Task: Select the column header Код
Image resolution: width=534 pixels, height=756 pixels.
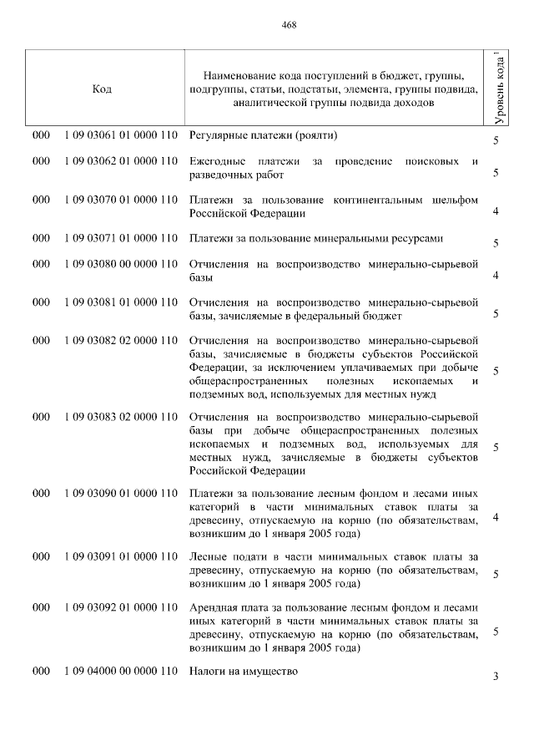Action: (103, 89)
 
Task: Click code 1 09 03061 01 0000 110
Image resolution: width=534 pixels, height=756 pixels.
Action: (121, 135)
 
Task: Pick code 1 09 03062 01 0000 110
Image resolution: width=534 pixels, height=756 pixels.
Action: (121, 161)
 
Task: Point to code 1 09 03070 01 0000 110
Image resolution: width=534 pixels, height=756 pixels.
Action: (121, 200)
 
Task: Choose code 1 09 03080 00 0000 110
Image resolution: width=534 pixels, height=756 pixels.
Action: (121, 264)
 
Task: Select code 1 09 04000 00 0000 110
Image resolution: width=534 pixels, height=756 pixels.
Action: (121, 671)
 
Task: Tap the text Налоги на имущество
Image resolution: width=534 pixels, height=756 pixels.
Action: (243, 671)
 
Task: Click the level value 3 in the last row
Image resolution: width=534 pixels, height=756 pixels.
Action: (496, 677)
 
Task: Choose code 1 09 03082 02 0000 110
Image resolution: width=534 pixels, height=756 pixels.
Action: (121, 340)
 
